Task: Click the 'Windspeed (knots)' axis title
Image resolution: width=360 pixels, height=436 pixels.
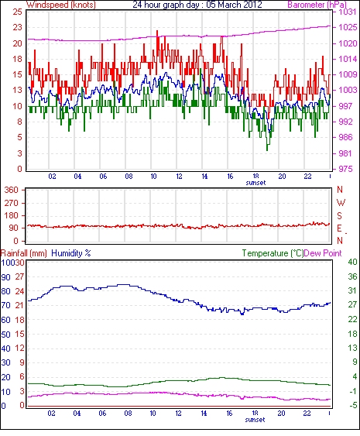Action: [x=61, y=5]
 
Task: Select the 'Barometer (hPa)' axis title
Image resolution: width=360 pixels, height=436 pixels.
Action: [x=317, y=5]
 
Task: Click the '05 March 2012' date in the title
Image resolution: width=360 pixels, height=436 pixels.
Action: [x=234, y=5]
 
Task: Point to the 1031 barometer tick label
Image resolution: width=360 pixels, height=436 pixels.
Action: [x=348, y=12]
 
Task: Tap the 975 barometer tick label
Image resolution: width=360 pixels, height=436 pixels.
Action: [x=345, y=169]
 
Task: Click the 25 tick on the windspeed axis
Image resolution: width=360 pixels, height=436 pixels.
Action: [x=17, y=12]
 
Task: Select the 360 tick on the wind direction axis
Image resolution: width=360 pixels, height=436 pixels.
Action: [x=12, y=191]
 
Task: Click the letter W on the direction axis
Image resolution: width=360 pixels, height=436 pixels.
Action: [x=341, y=203]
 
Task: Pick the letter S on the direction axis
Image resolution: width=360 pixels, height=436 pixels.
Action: [x=339, y=215]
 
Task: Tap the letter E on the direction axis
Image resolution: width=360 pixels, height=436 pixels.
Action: [x=339, y=228]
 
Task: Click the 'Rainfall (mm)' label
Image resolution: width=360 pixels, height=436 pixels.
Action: [x=24, y=253]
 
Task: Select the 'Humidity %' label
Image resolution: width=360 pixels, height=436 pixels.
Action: [x=71, y=253]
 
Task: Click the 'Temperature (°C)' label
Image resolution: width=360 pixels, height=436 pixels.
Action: [x=273, y=253]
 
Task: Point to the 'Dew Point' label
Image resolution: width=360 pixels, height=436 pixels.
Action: [x=323, y=253]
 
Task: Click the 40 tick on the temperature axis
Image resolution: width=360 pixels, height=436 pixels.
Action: [x=352, y=262]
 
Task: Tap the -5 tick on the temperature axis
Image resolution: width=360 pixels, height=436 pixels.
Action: [x=352, y=406]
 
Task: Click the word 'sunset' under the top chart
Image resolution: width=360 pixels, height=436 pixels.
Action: [x=255, y=183]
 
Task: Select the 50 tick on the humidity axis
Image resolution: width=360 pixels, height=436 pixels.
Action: [x=6, y=335]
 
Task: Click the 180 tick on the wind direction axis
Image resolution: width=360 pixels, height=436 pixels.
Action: [x=12, y=215]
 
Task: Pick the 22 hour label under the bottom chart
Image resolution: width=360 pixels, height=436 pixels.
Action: [x=307, y=414]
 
